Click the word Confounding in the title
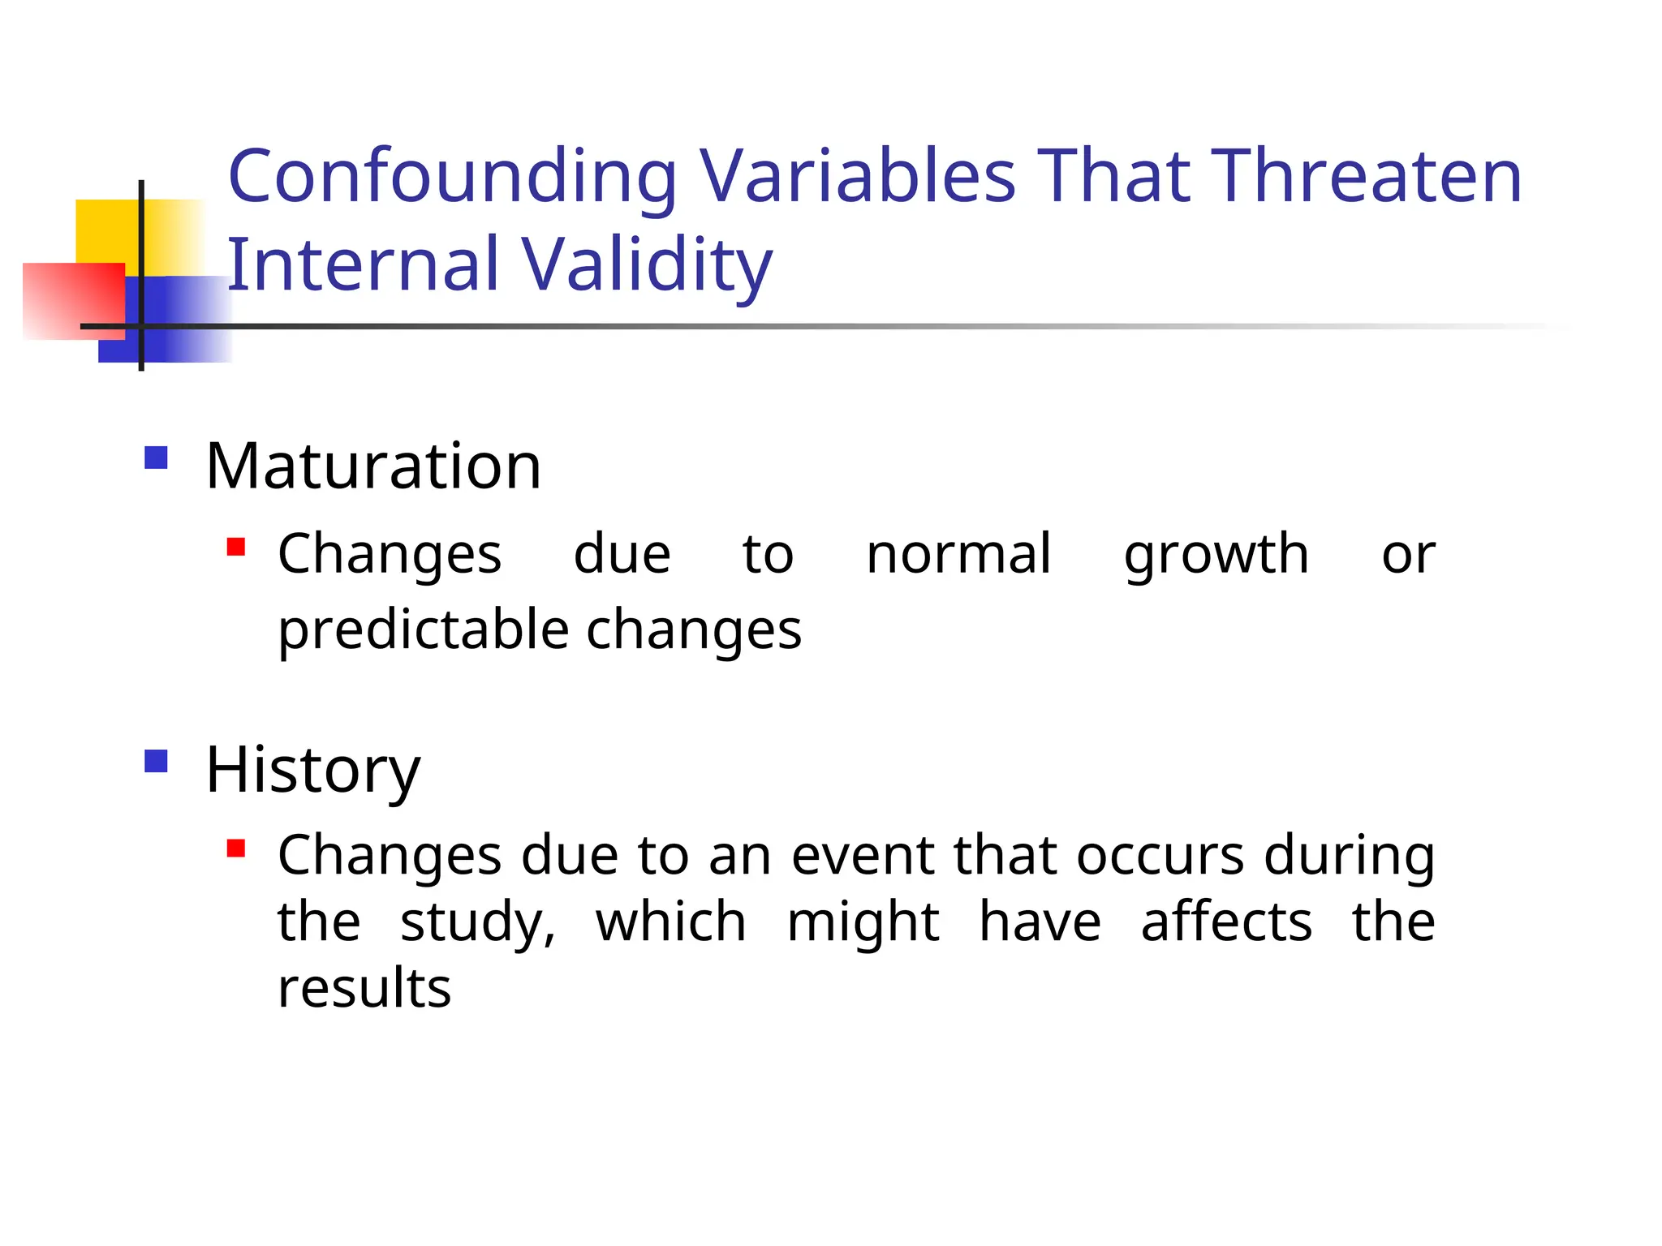452,178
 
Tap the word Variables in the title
857,176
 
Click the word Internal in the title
363,264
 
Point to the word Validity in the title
646,266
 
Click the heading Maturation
372,466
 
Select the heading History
312,770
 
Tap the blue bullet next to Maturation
156,458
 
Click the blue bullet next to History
156,761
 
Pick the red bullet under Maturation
236,547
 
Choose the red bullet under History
236,849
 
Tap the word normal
958,554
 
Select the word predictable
423,631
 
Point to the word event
863,856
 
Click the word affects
1225,922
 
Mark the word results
364,989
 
